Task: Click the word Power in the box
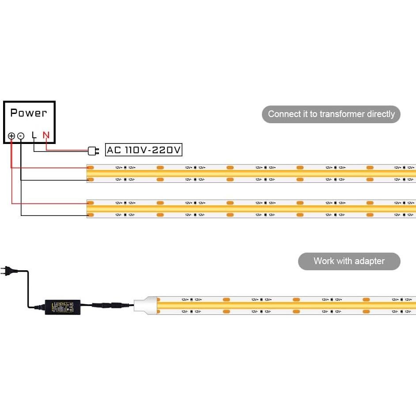[29, 113]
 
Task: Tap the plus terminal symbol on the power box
[11, 136]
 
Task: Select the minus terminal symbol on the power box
[21, 136]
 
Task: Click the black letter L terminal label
[34, 135]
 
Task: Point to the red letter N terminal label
[46, 135]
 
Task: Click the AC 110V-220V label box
[144, 150]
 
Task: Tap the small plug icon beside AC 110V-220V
[93, 151]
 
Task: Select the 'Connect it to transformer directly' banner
[331, 114]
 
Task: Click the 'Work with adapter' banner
[349, 261]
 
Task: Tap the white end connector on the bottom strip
[146, 306]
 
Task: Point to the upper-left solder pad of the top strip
[91, 168]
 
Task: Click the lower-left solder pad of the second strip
[91, 215]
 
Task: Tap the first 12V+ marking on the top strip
[119, 168]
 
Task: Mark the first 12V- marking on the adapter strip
[185, 312]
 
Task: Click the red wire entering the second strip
[49, 203]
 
